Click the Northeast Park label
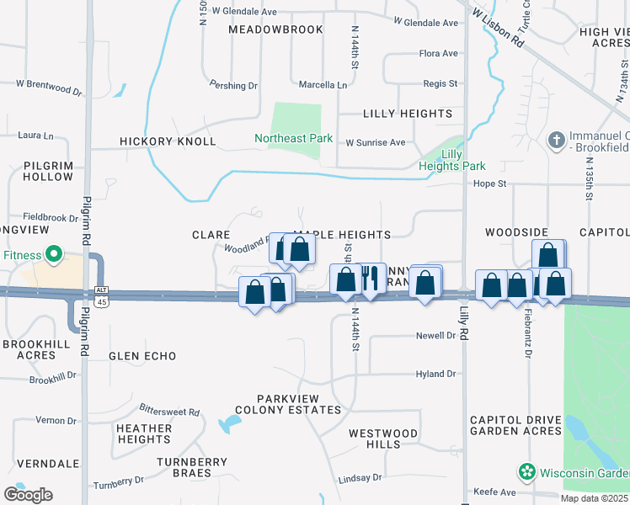[294, 138]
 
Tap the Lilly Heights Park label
[451, 160]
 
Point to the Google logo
[27, 495]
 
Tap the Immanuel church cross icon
[556, 139]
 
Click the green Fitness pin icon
[53, 253]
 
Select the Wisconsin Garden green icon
[527, 471]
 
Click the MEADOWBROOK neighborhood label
[275, 29]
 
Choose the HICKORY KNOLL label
[168, 141]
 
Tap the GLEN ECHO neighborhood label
[142, 356]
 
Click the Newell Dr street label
[435, 336]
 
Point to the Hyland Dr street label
[435, 374]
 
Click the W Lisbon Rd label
[499, 28]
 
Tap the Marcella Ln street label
[323, 85]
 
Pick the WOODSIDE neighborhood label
[516, 232]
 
